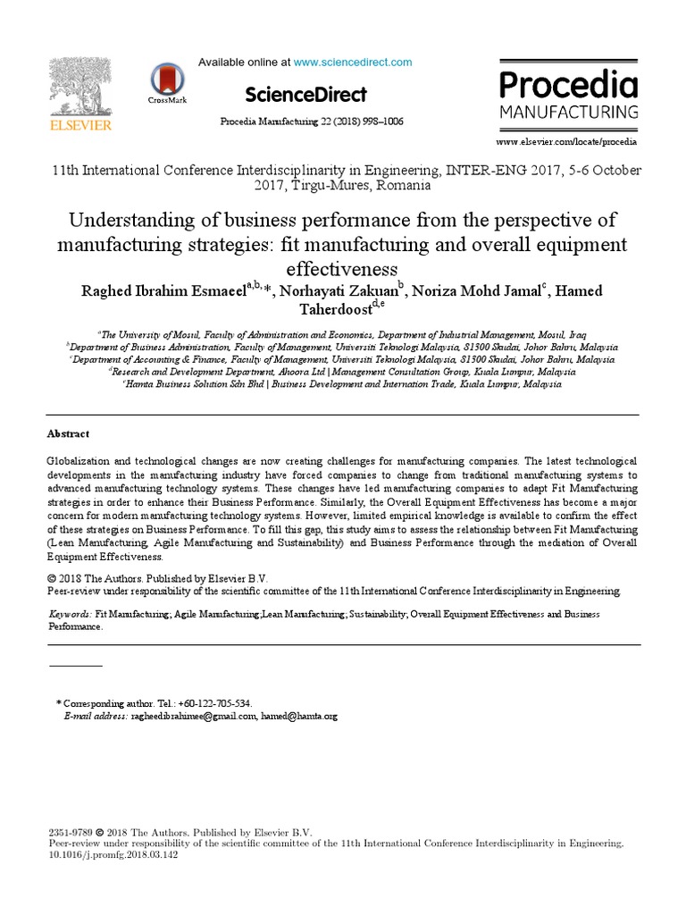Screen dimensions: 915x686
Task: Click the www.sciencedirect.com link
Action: [353, 63]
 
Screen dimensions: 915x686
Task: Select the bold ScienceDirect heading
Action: [305, 94]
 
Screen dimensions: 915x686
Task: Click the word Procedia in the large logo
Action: [568, 87]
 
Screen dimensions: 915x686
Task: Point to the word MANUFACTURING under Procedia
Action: [568, 113]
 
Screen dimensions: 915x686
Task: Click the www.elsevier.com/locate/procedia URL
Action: [567, 142]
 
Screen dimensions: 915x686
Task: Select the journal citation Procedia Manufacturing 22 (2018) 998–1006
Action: [312, 122]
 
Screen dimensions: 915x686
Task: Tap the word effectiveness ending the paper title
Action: [342, 267]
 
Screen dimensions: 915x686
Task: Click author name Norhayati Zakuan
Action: [342, 290]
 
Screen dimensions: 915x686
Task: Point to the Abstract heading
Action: [68, 433]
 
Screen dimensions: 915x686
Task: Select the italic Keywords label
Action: [69, 615]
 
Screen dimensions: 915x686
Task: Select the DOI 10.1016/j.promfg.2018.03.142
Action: [113, 853]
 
